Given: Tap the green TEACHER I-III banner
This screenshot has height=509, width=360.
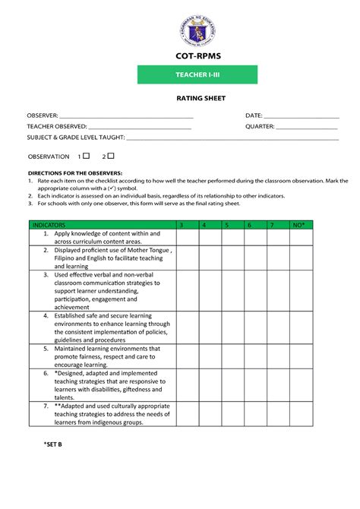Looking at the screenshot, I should [197, 74].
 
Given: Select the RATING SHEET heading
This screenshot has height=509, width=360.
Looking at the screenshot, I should [197, 97].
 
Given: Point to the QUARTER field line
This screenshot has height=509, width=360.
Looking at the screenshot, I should [308, 128].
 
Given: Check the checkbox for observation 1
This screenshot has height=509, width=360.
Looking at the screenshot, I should [87, 156].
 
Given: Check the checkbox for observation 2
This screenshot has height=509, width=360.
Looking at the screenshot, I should [111, 156].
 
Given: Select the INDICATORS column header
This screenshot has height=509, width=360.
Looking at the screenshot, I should [49, 226].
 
